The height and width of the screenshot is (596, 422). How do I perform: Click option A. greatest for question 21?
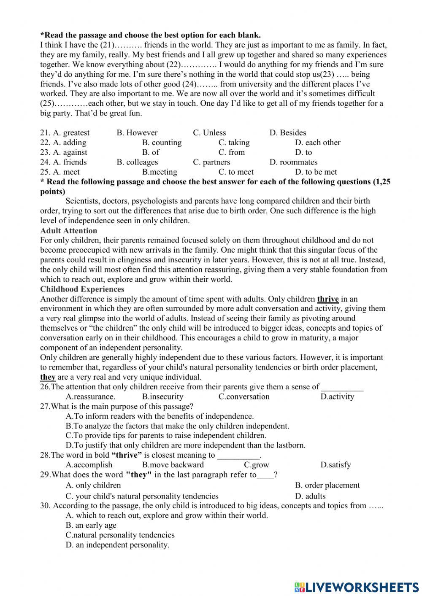coord(71,133)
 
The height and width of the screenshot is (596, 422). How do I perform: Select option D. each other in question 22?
coord(317,143)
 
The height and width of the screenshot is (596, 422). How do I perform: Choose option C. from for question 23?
coord(231,152)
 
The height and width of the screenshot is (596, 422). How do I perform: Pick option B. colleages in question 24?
coord(137,162)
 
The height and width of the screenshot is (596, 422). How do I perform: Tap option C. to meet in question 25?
coord(236,172)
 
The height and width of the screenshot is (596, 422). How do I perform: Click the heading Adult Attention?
coord(68,231)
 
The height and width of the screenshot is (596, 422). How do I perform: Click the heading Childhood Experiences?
coord(82,289)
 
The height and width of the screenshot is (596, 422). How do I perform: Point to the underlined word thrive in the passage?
coord(328,299)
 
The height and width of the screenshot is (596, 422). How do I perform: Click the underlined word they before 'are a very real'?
coord(48,377)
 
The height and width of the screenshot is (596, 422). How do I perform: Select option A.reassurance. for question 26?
coord(90,396)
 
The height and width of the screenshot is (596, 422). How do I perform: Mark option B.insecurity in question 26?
coord(162,396)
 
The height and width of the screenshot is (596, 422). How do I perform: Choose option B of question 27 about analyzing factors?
coord(177,426)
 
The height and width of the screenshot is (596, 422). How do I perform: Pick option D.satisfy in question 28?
coord(335,465)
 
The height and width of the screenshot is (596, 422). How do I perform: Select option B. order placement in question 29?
coord(327,485)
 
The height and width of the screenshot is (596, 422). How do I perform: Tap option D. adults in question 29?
coord(310,496)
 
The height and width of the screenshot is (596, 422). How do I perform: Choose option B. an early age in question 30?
coord(91,525)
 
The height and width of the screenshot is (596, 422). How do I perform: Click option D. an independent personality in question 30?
coord(117,545)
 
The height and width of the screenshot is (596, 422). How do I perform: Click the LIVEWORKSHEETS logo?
coord(357,587)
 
